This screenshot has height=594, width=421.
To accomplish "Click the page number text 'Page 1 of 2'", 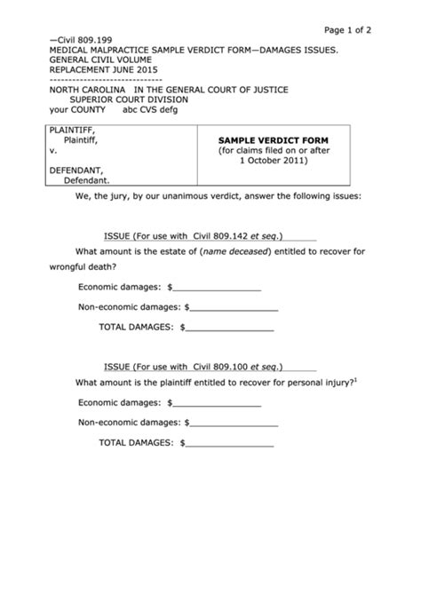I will (347, 29).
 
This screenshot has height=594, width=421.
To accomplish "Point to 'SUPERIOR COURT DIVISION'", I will (119, 101).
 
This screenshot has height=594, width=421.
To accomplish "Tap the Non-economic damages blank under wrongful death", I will (234, 307).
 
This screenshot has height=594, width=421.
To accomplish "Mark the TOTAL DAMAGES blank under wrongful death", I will (230, 328).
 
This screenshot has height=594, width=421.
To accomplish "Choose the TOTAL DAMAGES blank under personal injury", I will (230, 442).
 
